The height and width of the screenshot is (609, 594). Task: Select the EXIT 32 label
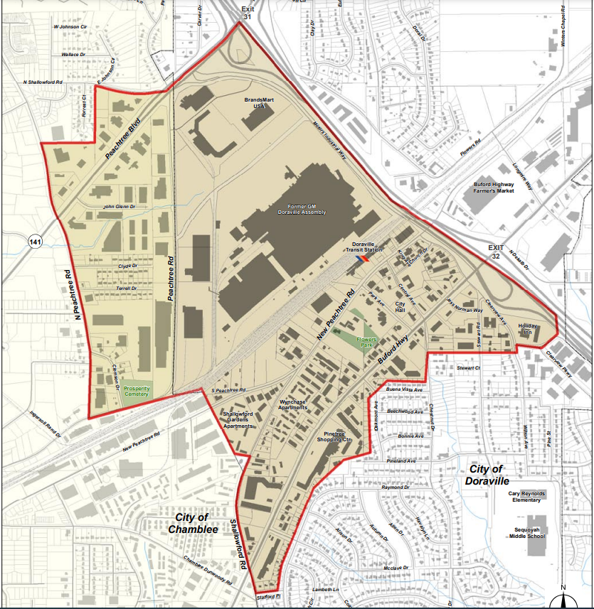pyautogui.click(x=495, y=251)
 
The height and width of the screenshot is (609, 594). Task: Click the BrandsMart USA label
pyautogui.click(x=259, y=102)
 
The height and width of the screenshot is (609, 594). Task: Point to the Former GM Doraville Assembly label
pyautogui.click(x=302, y=210)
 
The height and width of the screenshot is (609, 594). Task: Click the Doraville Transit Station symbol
pyautogui.click(x=362, y=259)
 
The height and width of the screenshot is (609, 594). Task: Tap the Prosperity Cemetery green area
pyautogui.click(x=137, y=391)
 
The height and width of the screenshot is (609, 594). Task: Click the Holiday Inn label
pyautogui.click(x=527, y=329)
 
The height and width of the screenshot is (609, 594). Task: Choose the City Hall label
pyautogui.click(x=401, y=307)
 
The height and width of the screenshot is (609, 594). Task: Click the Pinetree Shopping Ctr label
pyautogui.click(x=338, y=436)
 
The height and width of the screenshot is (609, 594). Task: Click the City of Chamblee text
pyautogui.click(x=188, y=523)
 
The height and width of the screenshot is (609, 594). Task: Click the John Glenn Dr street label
pyautogui.click(x=119, y=208)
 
